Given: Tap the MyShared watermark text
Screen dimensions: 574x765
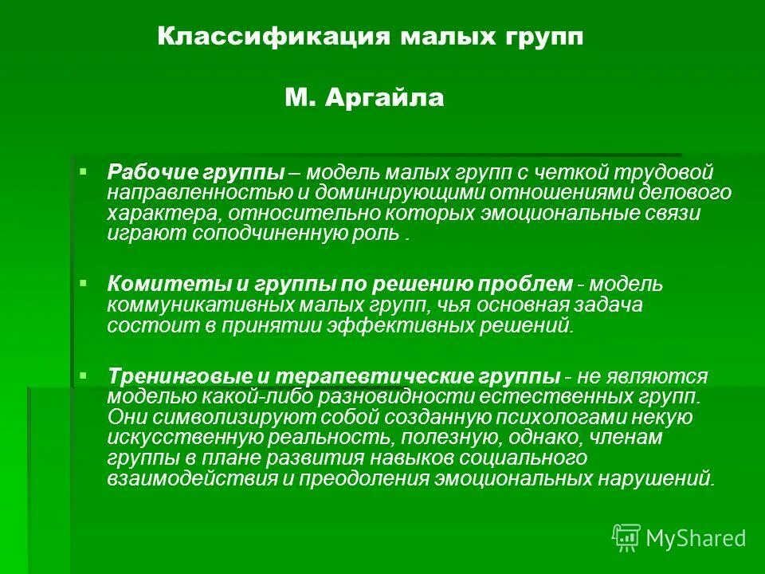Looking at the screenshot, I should [x=695, y=538].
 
